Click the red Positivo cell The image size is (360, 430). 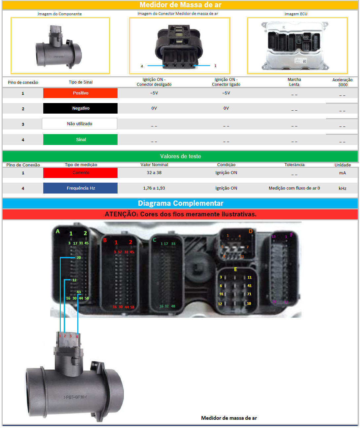tap(80, 93)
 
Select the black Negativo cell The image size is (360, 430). tap(80, 108)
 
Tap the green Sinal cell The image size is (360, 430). tap(80, 139)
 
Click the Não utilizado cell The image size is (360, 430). tap(80, 124)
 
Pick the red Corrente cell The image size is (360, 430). tap(80, 173)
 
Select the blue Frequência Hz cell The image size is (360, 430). tap(80, 188)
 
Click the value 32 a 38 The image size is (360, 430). tap(154, 173)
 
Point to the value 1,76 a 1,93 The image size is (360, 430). tap(154, 188)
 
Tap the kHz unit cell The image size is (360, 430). tap(342, 189)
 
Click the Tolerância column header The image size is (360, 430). tap(294, 165)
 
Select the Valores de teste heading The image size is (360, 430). tap(180, 156)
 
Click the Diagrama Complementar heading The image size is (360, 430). tap(180, 203)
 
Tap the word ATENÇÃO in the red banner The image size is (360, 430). tap(121, 214)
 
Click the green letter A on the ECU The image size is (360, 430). tap(58, 231)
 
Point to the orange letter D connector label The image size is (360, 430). tap(250, 231)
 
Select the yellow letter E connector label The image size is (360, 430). tap(235, 269)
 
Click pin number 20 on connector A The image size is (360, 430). tap(79, 258)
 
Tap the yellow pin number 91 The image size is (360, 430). tap(221, 294)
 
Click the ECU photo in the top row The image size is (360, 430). tap(297, 46)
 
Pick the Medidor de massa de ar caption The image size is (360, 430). tap(229, 418)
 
